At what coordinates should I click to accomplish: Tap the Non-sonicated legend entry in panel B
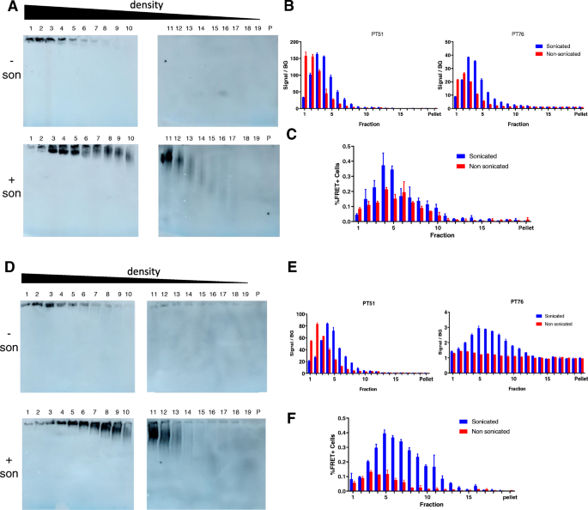(x=559, y=53)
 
